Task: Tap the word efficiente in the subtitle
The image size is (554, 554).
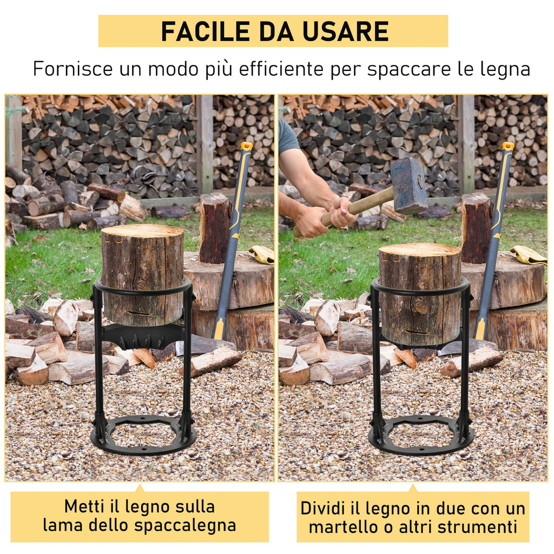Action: [281, 68]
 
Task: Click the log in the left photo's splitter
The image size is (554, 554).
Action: [142, 275]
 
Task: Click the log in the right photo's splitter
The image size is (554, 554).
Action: [420, 294]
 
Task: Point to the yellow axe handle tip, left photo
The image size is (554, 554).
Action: [246, 146]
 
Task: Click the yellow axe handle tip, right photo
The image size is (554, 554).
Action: [508, 146]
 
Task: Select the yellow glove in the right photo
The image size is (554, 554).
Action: [528, 255]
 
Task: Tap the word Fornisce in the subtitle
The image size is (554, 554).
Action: [73, 68]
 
